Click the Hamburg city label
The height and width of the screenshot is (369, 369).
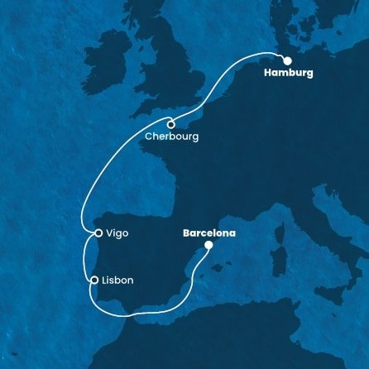click(289, 74)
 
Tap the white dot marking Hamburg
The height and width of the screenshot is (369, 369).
click(287, 60)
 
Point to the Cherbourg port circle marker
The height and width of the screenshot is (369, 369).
click(170, 125)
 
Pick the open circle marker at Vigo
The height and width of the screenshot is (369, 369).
click(98, 234)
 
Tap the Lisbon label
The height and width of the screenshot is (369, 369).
click(117, 280)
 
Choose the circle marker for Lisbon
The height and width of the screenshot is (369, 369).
click(94, 280)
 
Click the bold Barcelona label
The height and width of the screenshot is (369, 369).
click(208, 233)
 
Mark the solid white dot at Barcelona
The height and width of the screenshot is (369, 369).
click(208, 245)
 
